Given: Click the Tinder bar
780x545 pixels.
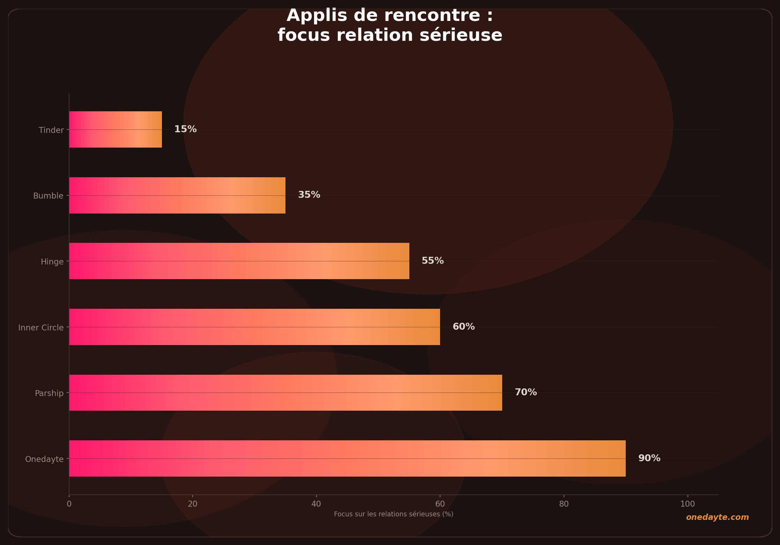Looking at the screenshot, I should (x=116, y=129).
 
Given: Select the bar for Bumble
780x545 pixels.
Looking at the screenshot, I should (x=177, y=195).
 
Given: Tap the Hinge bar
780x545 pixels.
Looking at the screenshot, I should (x=239, y=261).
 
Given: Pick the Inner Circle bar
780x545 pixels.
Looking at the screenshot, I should (x=254, y=327).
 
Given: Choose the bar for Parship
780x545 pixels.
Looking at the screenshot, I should (x=285, y=393).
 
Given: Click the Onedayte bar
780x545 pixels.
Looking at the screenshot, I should (x=347, y=458).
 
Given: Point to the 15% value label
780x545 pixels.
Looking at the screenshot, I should (x=185, y=129).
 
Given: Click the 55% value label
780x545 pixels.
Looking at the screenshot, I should (x=432, y=261).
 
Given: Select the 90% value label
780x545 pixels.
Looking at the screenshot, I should (x=649, y=458).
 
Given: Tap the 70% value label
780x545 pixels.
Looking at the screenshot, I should (x=526, y=393).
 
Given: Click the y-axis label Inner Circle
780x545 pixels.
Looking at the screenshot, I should (x=41, y=328).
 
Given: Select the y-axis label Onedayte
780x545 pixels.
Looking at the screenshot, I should (x=44, y=459).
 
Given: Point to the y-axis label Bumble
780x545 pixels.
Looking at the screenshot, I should (x=48, y=196).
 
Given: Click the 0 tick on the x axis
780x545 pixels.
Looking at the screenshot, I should (x=69, y=504).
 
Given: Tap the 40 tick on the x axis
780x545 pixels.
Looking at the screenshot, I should (x=316, y=504).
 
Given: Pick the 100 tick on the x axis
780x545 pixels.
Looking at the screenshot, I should (x=688, y=504).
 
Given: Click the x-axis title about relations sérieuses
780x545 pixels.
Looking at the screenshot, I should (x=393, y=514).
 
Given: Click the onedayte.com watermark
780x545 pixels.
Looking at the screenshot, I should (x=717, y=517).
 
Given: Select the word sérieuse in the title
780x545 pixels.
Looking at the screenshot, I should (x=461, y=35).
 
